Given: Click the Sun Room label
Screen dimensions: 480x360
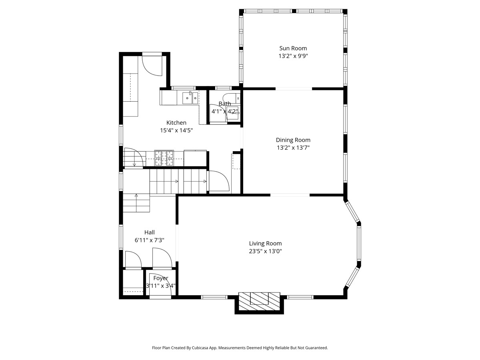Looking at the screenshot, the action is tap(293, 48).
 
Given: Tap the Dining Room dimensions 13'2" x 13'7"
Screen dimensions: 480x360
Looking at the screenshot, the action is tap(293, 148).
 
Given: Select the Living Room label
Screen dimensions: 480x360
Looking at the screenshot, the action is tap(265, 244).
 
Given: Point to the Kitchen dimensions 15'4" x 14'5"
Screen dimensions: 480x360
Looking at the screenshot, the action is tap(176, 130).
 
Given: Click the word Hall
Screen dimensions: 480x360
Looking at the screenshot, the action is tap(149, 232).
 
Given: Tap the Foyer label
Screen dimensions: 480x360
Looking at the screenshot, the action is tap(161, 278).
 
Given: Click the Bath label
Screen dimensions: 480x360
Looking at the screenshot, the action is tap(224, 104).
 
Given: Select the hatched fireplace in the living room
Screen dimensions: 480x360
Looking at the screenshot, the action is tap(259, 301).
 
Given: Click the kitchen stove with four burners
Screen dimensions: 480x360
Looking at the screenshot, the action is tap(164, 158).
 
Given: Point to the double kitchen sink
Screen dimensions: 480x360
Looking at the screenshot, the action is tap(190, 98).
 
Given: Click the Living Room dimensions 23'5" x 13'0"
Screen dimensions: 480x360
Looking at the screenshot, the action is tap(265, 251).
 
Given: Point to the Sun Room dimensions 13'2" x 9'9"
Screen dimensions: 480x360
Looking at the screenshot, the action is tap(293, 56).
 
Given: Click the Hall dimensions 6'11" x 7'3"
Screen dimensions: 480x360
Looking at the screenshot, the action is tap(149, 240).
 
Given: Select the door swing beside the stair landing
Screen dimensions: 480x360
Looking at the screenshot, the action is tap(219, 181).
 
